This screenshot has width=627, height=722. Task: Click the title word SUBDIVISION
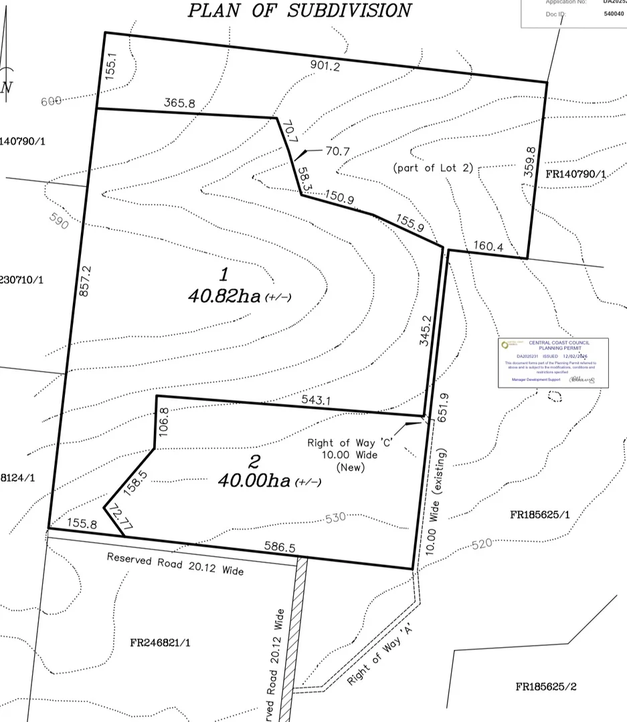[349, 11]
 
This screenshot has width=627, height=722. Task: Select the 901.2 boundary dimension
[325, 66]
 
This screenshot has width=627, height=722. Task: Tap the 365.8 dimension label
[179, 103]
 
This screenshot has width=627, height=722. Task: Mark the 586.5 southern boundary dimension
[279, 547]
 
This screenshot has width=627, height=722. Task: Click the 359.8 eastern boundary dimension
[529, 163]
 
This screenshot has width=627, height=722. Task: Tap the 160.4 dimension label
[489, 245]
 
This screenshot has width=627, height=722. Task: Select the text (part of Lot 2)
[432, 168]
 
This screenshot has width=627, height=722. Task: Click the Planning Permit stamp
[553, 363]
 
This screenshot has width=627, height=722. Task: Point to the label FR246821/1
[160, 643]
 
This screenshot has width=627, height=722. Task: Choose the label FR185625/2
[545, 687]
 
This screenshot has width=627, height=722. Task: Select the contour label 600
[52, 101]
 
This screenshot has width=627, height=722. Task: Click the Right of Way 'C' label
[342, 443]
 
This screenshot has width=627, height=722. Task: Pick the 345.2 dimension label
[425, 331]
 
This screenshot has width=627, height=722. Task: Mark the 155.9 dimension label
[410, 222]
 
